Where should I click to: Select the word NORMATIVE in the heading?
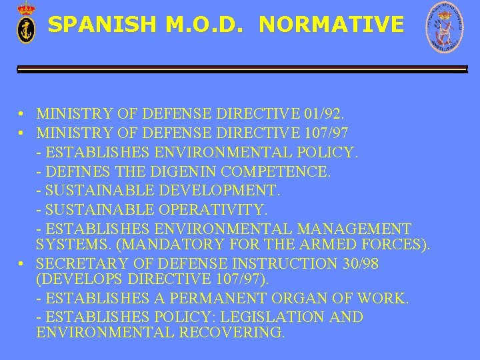[331, 25]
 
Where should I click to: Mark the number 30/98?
[360, 263]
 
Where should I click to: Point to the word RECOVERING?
[231, 332]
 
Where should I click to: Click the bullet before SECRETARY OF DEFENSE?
[23, 263]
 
